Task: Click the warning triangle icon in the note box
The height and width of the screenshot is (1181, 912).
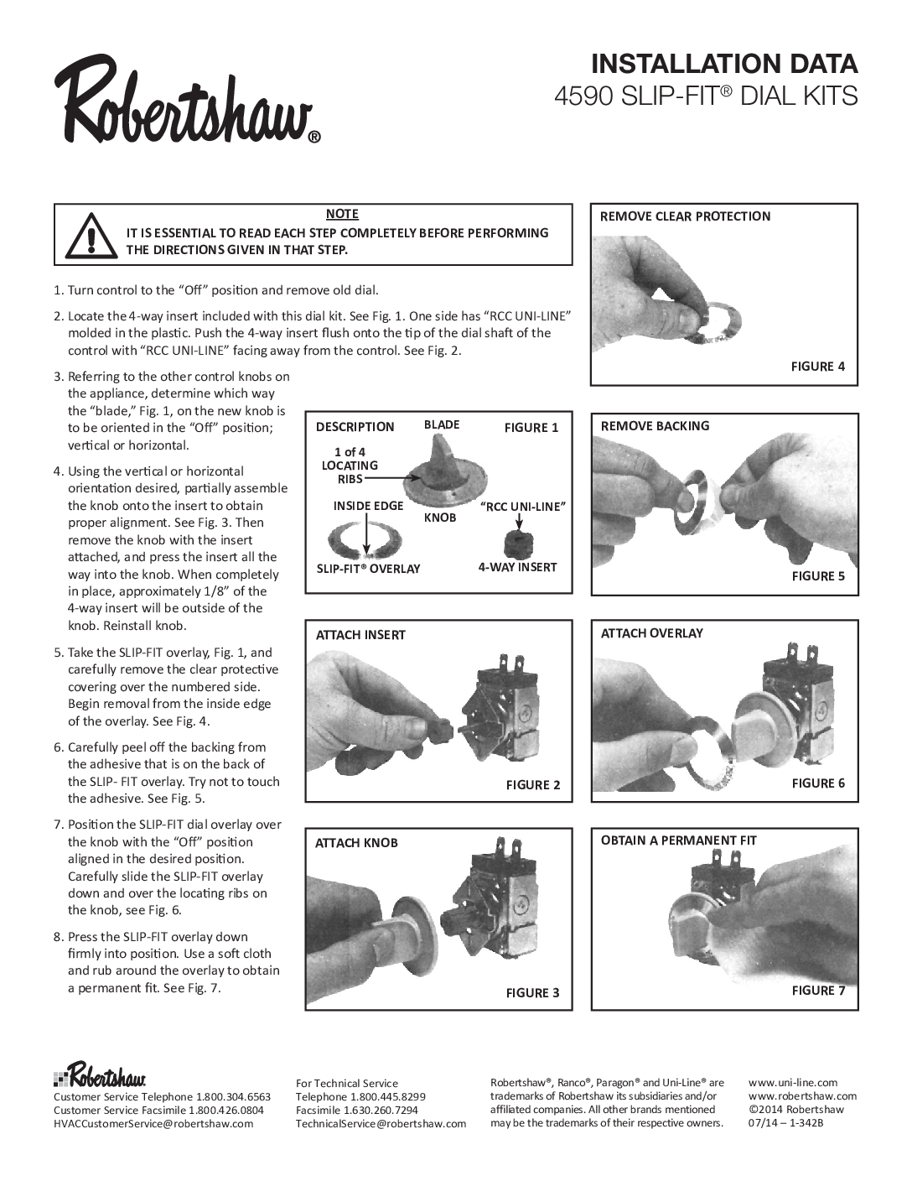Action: [88, 234]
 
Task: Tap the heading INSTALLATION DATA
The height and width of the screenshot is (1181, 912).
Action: [724, 64]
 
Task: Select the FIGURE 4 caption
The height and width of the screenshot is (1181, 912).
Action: [818, 367]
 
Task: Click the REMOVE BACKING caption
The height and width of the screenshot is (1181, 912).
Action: [655, 426]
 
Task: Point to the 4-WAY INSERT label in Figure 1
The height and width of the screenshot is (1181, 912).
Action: [517, 567]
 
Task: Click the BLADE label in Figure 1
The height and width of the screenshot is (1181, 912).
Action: [442, 424]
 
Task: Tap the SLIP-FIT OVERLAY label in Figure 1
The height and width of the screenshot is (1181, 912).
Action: [367, 569]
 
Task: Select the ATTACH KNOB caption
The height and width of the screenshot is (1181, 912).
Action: [356, 843]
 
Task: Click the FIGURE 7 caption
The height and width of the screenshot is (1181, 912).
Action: [818, 991]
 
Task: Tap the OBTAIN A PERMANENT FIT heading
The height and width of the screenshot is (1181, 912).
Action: [678, 840]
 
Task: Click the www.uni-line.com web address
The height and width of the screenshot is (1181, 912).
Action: [792, 1083]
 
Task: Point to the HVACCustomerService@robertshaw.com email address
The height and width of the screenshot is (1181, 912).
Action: [153, 1124]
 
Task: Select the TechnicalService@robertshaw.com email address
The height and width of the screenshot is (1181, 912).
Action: [381, 1124]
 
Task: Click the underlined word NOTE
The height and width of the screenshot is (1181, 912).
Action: [342, 215]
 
